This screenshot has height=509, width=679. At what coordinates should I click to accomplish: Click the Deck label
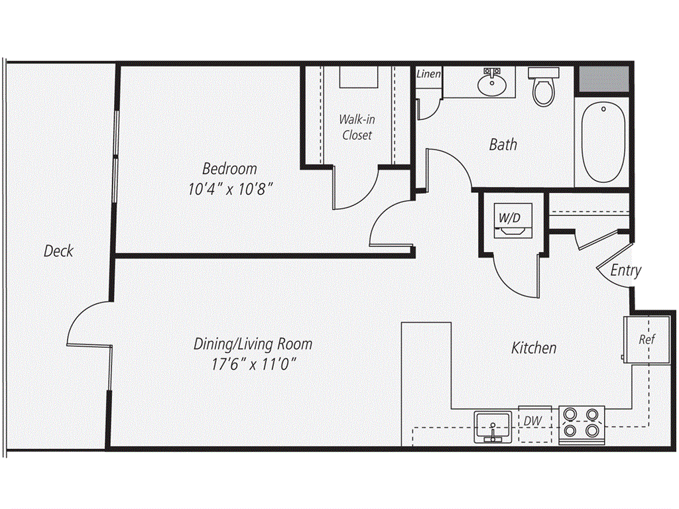[59, 251]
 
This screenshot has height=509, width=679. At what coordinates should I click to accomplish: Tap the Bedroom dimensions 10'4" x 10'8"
[230, 189]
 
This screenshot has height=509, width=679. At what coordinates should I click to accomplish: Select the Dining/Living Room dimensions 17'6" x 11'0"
[253, 364]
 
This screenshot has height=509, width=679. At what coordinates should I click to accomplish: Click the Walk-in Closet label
[357, 127]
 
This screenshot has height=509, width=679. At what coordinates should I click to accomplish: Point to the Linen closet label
[429, 74]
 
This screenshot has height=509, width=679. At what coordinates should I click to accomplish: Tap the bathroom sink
[492, 82]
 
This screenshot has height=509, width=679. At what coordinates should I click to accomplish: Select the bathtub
[603, 142]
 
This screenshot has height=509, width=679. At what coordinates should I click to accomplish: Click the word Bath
[503, 144]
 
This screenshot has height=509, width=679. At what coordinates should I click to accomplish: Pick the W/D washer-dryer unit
[513, 220]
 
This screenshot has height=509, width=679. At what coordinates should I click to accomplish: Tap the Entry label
[626, 270]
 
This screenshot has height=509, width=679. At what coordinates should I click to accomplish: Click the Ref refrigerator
[647, 340]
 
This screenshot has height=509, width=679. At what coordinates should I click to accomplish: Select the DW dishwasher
[535, 424]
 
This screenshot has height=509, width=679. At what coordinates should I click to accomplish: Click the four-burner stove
[582, 425]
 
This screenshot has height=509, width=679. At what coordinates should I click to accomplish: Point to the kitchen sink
[493, 427]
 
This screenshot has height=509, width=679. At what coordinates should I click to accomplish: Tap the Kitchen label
[534, 347]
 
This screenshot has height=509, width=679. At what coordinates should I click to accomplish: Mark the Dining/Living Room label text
[253, 344]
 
